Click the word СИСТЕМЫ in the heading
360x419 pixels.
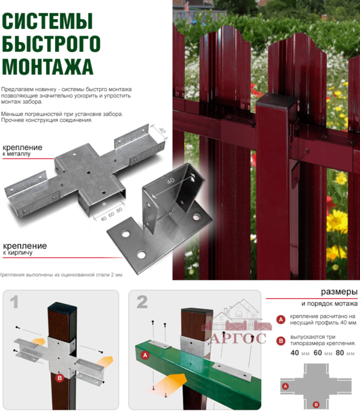[47, 21]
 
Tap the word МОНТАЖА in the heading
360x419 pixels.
[47, 66]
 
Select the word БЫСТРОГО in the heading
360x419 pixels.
[51, 44]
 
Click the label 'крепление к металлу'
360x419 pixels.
[22, 150]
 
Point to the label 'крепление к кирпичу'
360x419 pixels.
[25, 249]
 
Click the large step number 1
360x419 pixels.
[14, 302]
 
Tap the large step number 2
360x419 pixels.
[142, 302]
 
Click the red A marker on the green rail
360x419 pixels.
[145, 355]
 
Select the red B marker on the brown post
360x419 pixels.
[59, 378]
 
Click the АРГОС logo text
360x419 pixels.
[238, 339]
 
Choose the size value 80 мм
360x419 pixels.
[345, 353]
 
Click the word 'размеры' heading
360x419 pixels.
[339, 292]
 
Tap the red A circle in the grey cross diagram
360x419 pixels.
[286, 386]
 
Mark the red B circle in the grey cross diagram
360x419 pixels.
[316, 405]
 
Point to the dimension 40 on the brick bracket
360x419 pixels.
[170, 181]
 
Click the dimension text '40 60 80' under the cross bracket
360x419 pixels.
[112, 214]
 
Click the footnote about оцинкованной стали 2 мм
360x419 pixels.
[62, 275]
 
